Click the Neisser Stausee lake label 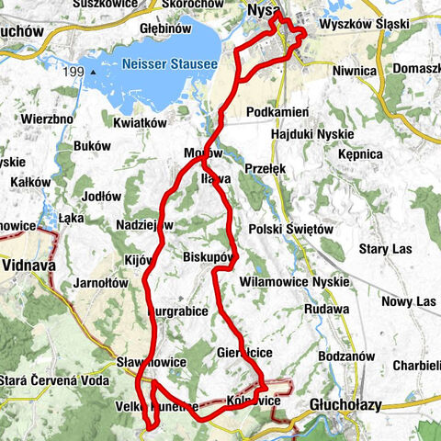(169, 64)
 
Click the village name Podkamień (277, 112)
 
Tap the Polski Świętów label (288, 229)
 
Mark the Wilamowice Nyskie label (293, 281)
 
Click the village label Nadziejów (145, 224)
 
